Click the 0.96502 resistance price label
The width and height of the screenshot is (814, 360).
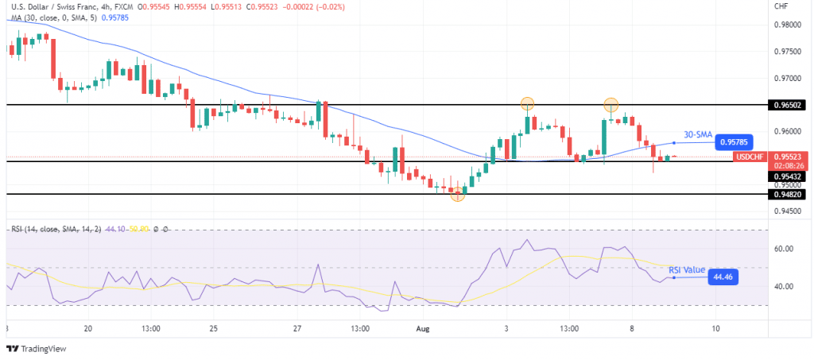point(787,104)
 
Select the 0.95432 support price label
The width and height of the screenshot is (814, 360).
point(787,176)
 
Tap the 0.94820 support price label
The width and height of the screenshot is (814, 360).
point(787,194)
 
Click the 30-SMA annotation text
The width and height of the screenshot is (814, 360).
point(697,134)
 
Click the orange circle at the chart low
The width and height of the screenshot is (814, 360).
point(458,195)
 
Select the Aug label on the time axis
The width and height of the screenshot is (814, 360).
point(423,327)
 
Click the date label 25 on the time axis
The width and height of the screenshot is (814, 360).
point(213,327)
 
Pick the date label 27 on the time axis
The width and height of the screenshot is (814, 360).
point(297,327)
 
